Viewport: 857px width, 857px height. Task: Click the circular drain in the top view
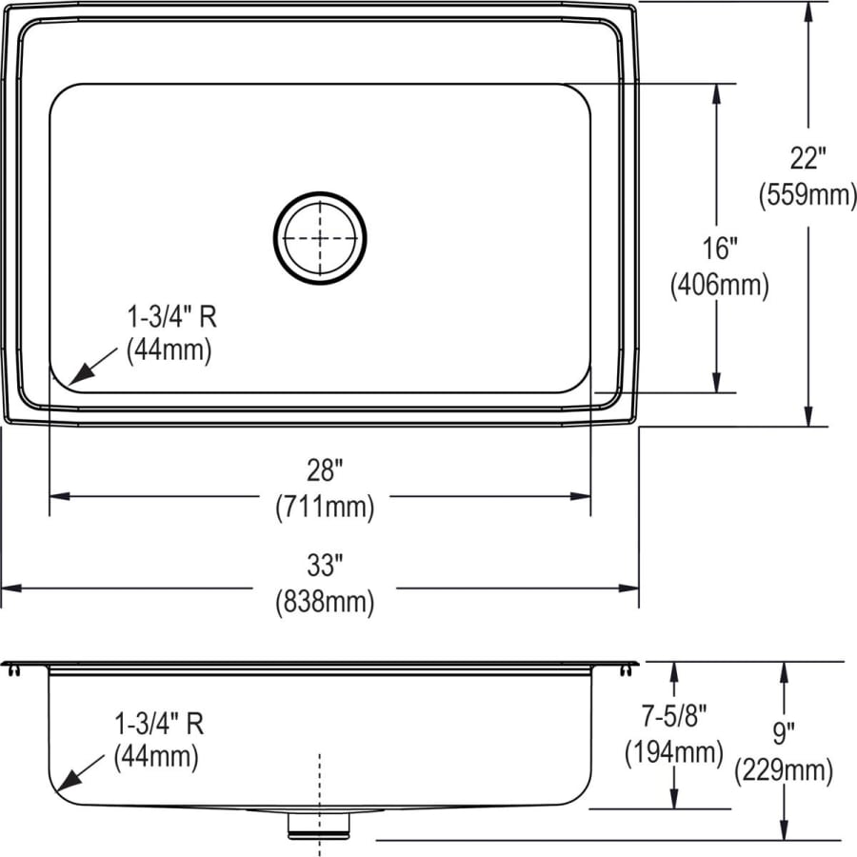[320, 238]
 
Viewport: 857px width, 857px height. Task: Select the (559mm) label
[807, 194]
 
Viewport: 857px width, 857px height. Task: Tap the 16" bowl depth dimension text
[719, 249]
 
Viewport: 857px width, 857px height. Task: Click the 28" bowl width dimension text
[324, 469]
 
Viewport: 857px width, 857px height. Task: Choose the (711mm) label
[324, 507]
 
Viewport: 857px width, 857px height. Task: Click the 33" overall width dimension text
[324, 566]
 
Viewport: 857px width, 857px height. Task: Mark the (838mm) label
[324, 602]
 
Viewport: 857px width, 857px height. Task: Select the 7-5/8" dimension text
[674, 716]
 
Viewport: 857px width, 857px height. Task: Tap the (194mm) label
[674, 753]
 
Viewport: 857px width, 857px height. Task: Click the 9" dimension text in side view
[784, 732]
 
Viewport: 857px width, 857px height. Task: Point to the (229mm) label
[784, 770]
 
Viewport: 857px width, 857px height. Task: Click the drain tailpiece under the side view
[319, 826]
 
